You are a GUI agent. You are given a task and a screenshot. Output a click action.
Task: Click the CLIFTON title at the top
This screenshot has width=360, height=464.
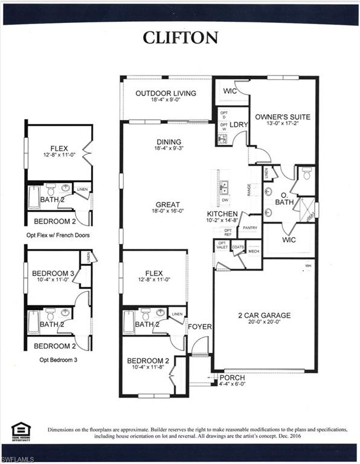pyautogui.click(x=180, y=37)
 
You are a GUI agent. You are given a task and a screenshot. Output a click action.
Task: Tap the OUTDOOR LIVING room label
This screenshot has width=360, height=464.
pyautogui.click(x=166, y=93)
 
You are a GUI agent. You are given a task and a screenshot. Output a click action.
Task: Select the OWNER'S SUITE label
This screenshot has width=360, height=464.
pyautogui.click(x=283, y=117)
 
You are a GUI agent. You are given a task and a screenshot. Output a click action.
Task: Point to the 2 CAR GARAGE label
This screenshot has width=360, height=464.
pyautogui.click(x=265, y=315)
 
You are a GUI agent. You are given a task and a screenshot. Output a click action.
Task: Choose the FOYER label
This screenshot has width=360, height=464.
pyautogui.click(x=199, y=327)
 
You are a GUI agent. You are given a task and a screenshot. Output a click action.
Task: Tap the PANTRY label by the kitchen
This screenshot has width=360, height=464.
pyautogui.click(x=250, y=228)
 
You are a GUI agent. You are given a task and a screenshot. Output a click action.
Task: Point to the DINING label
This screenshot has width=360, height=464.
pyautogui.click(x=167, y=143)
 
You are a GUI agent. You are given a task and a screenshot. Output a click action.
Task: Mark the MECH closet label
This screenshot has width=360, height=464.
pyautogui.click(x=254, y=251)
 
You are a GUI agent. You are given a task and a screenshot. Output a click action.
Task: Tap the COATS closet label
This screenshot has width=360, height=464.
pyautogui.click(x=237, y=246)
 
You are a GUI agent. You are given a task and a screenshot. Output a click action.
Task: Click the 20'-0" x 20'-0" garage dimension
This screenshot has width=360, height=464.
pyautogui.click(x=265, y=322)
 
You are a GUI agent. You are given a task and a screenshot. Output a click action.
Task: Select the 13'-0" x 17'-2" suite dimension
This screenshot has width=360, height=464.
pyautogui.click(x=283, y=124)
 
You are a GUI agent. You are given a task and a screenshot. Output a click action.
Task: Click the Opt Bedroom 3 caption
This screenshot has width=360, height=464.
pyautogui.click(x=58, y=359)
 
